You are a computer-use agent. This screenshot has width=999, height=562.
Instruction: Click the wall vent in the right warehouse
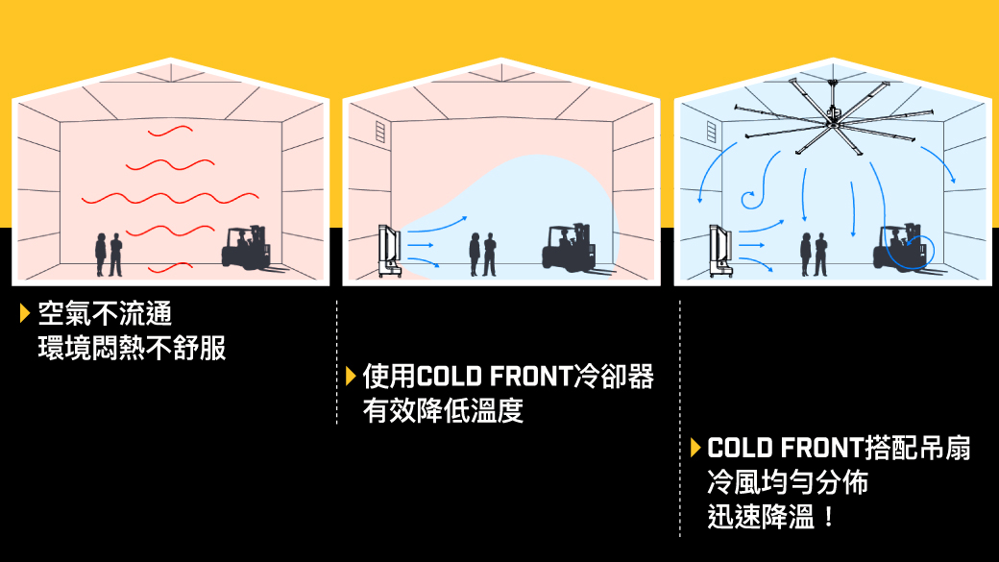[x=712, y=131]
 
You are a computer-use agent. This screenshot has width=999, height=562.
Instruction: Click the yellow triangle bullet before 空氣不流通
[x=24, y=312]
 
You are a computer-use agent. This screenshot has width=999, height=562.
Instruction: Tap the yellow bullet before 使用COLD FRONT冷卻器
[x=351, y=376]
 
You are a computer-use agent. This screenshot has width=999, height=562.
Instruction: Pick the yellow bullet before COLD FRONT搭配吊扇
[x=694, y=448]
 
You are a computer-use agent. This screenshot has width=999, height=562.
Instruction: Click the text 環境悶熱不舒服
[x=132, y=347]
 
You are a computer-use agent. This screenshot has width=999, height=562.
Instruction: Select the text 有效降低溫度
[x=443, y=410]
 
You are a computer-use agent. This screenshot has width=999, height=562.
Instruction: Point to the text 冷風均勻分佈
[x=787, y=481]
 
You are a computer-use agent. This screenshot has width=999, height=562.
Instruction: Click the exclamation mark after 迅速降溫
[x=828, y=517]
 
